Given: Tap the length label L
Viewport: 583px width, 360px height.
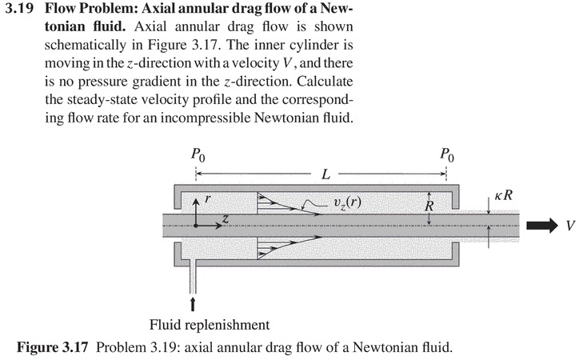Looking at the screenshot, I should coord(324,174).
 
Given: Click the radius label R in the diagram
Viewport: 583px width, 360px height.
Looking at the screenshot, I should coord(429,207).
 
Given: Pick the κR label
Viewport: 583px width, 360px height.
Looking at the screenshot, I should coord(502,196).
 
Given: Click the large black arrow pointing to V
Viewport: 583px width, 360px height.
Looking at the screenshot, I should coord(540,225).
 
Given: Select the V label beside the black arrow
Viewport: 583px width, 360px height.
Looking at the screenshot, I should coord(569,226).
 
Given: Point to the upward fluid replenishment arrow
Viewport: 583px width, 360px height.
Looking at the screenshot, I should coord(194,305).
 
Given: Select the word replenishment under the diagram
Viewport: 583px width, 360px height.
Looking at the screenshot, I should coord(227,326).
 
